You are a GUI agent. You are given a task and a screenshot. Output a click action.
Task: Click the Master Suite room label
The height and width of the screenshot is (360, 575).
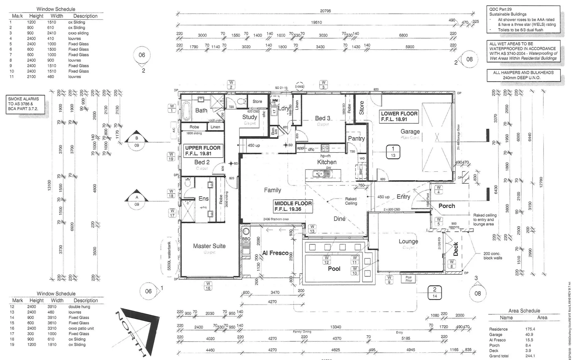pos(209,246)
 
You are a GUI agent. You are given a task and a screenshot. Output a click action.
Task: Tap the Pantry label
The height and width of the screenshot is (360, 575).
pos(356,138)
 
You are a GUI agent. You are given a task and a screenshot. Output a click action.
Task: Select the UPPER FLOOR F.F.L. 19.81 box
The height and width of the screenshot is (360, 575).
pos(203,151)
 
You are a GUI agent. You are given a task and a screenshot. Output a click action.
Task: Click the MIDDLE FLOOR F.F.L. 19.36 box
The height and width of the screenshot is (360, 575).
pos(293,206)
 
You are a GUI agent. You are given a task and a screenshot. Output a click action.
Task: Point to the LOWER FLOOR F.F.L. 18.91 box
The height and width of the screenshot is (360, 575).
pos(399,116)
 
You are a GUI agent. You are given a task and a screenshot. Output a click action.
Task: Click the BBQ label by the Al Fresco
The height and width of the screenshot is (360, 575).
pos(246,239)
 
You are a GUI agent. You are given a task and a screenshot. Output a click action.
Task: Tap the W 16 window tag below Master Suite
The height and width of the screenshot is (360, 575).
pos(208,286)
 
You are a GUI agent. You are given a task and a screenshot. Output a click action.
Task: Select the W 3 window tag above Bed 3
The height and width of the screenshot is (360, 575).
pos(323,85)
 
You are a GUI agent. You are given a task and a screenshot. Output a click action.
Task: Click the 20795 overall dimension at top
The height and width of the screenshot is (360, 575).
pos(325,11)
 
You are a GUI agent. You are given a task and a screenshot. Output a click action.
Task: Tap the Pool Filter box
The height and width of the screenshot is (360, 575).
pos(408,279)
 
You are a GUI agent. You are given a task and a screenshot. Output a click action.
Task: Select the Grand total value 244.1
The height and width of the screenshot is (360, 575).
pos(530,356)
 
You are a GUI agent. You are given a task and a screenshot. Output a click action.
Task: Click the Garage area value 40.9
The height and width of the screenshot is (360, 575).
pos(529,334)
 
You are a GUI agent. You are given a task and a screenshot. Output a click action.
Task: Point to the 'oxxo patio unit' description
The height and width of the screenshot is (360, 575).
pos(81,328)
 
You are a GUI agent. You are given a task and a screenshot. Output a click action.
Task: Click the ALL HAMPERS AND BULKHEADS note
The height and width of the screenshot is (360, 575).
pos(523,75)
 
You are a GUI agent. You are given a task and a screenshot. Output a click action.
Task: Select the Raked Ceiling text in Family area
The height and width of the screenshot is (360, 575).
pos(350,201)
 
